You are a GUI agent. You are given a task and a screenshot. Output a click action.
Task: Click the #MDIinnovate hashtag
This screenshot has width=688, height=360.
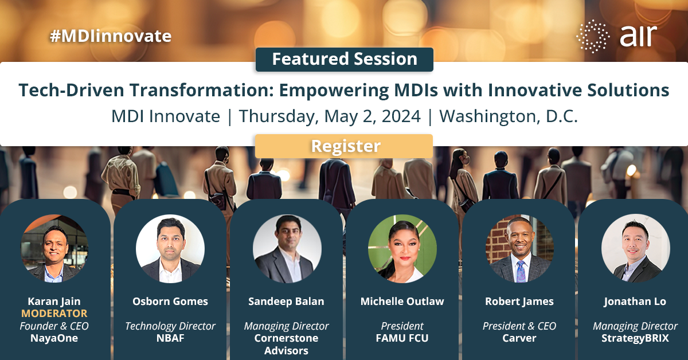[111, 36]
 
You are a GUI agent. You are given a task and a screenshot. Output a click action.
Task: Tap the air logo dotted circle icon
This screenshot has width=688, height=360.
[593, 36]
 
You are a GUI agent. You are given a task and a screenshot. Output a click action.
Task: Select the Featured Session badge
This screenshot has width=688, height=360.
[344, 59]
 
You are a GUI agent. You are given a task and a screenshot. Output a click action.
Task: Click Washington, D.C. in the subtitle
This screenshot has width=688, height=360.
[508, 116]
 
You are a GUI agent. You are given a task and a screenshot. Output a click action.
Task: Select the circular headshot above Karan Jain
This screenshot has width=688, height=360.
[54, 248]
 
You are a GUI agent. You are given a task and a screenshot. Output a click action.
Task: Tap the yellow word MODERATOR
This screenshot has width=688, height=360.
[54, 314]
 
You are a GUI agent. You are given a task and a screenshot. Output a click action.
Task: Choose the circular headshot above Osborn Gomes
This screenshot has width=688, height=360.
[170, 248]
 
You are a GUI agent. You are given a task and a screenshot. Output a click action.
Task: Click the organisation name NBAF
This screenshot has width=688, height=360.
[170, 338]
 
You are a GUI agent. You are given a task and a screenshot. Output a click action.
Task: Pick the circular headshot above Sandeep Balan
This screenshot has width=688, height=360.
[286, 248]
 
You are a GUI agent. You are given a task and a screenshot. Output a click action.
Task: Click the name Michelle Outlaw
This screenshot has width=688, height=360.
[402, 302]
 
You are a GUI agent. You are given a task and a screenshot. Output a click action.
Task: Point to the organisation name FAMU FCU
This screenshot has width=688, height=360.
[402, 338]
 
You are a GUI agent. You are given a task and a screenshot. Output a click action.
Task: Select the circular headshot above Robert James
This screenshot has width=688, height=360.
[519, 248]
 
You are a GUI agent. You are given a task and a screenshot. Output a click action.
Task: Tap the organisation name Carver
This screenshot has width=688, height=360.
[519, 338]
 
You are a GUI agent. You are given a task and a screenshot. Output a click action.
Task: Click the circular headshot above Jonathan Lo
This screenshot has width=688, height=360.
[635, 248]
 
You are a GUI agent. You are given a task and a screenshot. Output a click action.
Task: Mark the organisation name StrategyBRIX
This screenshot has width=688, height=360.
[635, 338]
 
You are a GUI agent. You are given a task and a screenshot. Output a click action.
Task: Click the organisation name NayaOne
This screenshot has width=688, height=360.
[54, 338]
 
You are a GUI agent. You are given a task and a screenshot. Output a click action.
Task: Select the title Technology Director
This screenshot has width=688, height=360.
[170, 326]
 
